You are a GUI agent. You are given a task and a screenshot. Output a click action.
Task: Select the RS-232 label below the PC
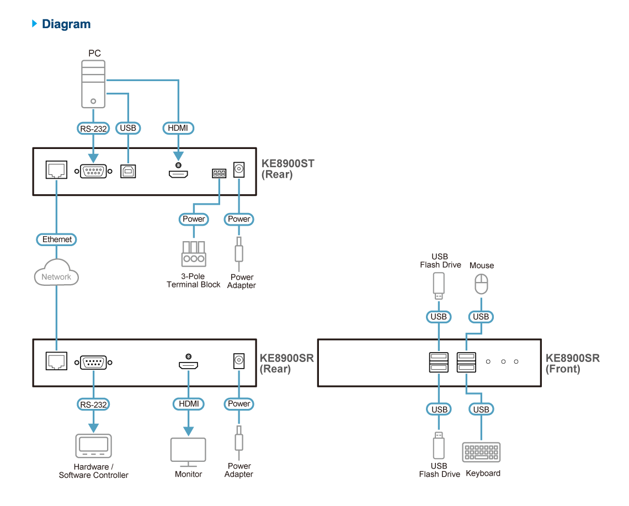click(x=93, y=128)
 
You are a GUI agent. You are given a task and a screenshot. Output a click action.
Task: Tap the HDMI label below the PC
click(x=178, y=128)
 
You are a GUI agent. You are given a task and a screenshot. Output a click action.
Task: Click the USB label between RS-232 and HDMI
click(x=127, y=128)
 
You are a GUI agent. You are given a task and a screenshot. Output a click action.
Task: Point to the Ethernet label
click(x=57, y=239)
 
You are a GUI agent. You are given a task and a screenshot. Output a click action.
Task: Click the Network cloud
click(x=56, y=276)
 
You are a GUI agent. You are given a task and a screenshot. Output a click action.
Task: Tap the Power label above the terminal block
click(x=194, y=219)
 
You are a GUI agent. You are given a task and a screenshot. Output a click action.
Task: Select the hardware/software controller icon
click(x=93, y=446)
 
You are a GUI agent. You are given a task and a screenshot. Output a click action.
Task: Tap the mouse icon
click(x=482, y=285)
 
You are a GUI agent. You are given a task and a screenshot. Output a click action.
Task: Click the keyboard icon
click(x=481, y=452)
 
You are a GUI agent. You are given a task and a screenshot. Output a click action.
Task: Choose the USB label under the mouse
click(x=481, y=317)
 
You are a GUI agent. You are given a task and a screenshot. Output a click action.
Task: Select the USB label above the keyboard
click(x=481, y=409)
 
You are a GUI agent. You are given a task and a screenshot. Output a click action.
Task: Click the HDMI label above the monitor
click(x=188, y=404)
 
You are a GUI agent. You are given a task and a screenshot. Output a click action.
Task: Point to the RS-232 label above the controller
click(x=93, y=404)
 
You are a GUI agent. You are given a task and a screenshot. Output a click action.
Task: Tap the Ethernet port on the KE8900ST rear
click(x=56, y=171)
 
